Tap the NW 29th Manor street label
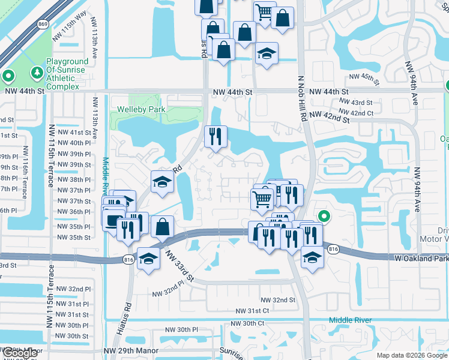point(130,350)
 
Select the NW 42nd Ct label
point(356,112)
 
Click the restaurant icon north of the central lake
point(215,136)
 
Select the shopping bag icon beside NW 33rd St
point(163,227)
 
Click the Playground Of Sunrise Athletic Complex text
point(64,74)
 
